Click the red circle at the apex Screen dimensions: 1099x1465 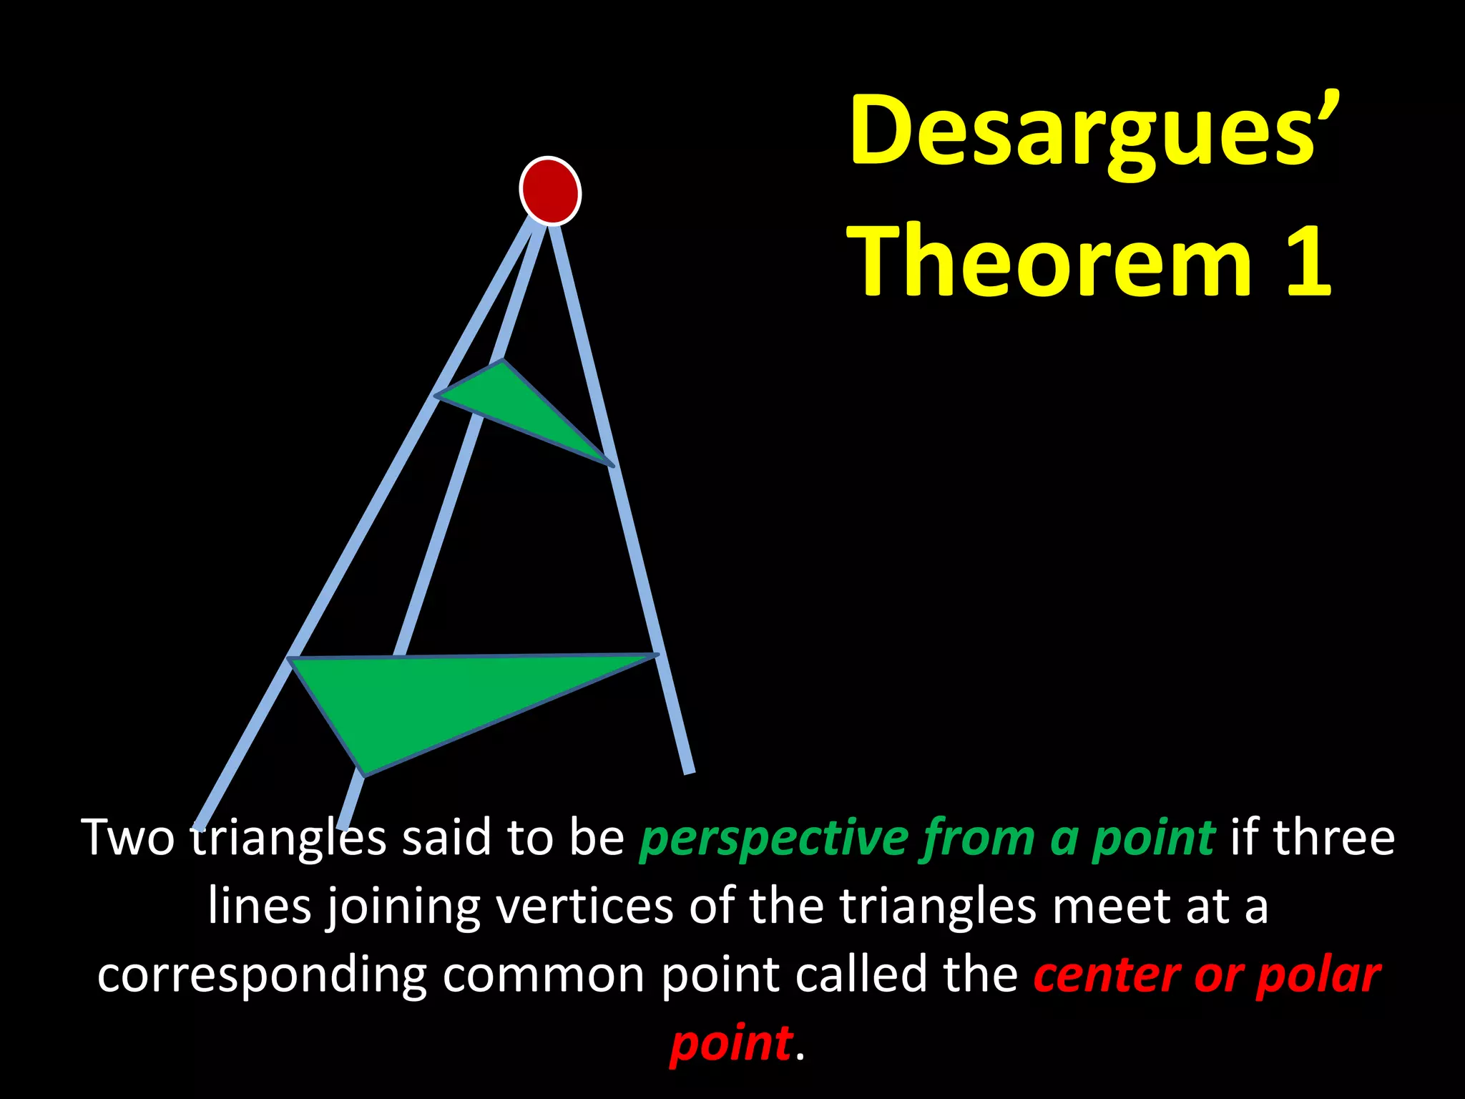pos(549,190)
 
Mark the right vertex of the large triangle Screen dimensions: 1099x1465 pos(655,655)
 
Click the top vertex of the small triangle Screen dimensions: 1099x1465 pos(503,361)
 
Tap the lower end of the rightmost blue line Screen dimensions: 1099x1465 pos(690,770)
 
